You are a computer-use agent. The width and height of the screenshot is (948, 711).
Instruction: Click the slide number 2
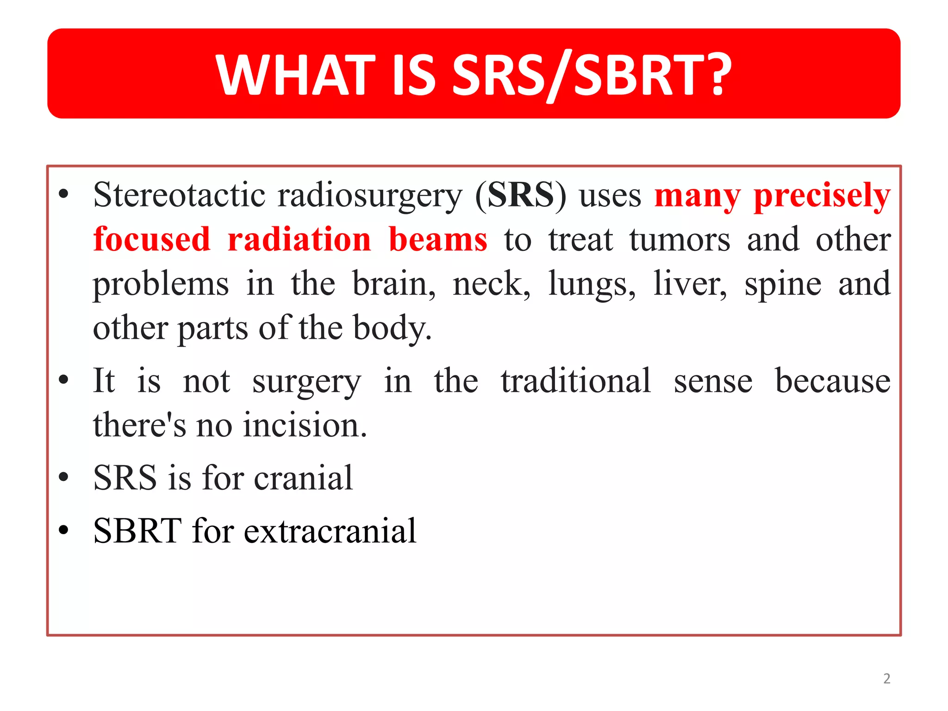(886, 679)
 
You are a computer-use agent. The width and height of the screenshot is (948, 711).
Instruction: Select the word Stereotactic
(178, 195)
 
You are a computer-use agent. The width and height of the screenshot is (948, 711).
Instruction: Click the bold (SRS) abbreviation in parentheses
(520, 195)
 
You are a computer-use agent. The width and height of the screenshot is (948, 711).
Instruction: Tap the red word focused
(151, 239)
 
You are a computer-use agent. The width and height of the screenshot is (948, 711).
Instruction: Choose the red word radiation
(299, 239)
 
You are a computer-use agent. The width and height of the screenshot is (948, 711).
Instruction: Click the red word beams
(437, 239)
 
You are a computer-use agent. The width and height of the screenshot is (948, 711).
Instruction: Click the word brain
(393, 283)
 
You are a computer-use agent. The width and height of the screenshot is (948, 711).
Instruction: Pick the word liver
(690, 283)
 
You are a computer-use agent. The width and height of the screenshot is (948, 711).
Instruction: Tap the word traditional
(575, 381)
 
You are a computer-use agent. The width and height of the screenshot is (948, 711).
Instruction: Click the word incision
(305, 425)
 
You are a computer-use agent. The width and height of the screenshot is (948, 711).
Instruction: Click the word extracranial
(330, 531)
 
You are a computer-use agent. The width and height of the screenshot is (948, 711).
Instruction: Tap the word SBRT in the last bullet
(137, 531)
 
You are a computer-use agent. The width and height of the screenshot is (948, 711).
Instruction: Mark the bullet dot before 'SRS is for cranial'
(64, 477)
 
